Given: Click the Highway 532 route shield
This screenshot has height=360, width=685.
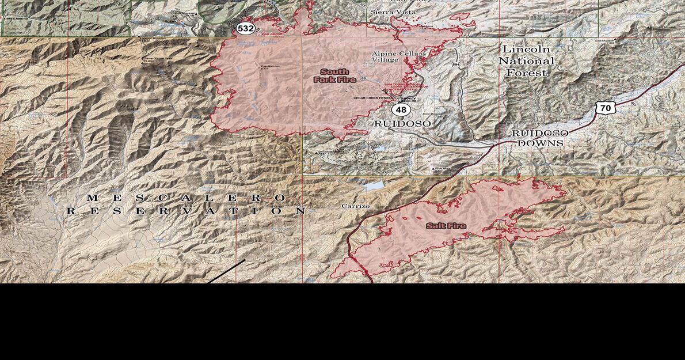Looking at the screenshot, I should tap(245, 28).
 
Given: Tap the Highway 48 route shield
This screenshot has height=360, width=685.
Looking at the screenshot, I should tap(401, 109).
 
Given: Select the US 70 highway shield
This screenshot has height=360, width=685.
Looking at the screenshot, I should tap(604, 108).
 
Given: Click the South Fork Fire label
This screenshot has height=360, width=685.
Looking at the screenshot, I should tap(334, 76).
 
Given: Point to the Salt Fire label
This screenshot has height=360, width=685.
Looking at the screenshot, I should tap(446, 226).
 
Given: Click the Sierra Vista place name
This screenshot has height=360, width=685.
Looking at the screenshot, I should tap(393, 12).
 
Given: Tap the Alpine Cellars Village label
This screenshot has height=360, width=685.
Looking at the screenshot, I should tap(399, 56).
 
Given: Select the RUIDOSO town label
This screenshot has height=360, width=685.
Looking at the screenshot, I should tap(402, 124).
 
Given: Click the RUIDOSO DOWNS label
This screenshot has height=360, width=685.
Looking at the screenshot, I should tap(540, 138).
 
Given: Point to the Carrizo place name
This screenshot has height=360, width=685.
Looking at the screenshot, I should tap(355, 206).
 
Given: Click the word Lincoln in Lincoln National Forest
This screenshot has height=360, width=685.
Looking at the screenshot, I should tap(526, 50).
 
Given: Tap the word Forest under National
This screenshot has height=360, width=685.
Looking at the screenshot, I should tap(526, 73).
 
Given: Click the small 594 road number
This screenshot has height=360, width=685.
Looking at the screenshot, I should tap(456, 65).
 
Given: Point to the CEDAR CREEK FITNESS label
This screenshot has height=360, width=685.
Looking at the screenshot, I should tap(372, 98).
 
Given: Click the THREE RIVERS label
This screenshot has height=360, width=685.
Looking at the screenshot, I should tap(15, 18).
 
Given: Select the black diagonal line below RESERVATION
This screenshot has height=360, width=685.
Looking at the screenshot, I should tap(226, 271).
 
